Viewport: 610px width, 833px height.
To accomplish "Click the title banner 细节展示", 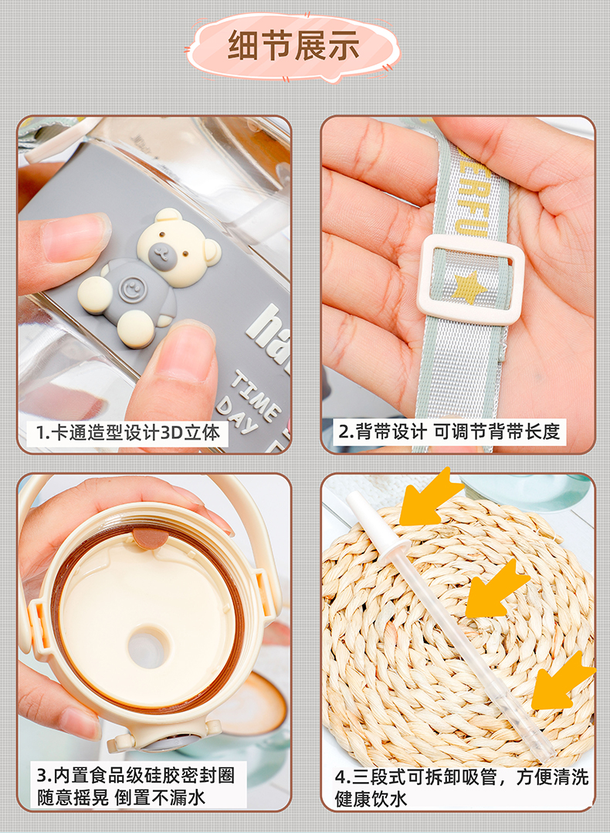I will pos(293,46).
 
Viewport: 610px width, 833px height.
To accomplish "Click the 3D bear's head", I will pos(177,246).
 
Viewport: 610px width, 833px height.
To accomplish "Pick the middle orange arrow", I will pos(496,589).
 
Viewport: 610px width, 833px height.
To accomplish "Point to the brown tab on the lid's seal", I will pos(149,539).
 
